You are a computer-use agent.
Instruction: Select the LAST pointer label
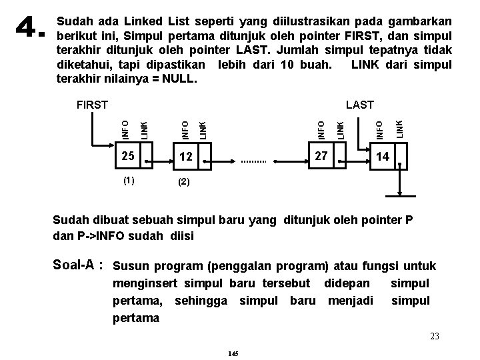point(359,105)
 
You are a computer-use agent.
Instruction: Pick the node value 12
point(185,157)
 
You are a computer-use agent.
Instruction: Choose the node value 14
point(382,157)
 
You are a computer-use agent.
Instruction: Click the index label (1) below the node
point(128,181)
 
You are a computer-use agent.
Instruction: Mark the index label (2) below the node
point(184,181)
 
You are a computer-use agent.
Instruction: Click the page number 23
point(434,337)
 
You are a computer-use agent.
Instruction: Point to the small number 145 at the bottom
point(233,353)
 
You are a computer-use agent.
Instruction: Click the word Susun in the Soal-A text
point(131,267)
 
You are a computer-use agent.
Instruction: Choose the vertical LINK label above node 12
point(203,128)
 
